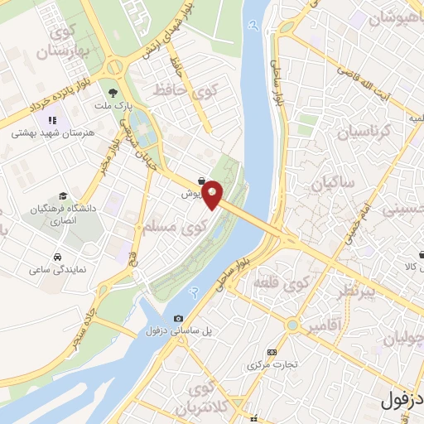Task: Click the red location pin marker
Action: (x=213, y=195)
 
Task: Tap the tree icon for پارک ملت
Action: (x=113, y=94)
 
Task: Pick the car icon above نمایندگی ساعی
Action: (x=57, y=257)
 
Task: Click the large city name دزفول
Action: (x=402, y=399)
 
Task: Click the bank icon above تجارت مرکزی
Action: (x=270, y=352)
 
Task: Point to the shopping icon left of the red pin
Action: (x=202, y=180)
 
